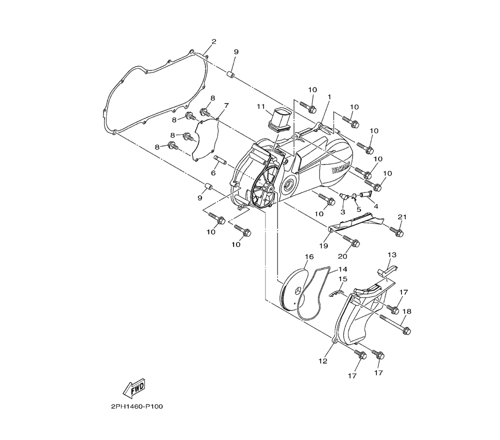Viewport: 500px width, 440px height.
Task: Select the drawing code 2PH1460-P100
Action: [x=137, y=406]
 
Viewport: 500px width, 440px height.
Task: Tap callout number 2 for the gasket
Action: [x=213, y=41]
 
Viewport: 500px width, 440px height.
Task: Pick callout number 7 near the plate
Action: [x=226, y=105]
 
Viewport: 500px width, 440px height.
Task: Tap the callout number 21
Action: [x=402, y=217]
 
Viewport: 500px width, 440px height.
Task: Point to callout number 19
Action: [x=323, y=246]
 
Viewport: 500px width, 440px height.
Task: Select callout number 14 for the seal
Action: [x=342, y=269]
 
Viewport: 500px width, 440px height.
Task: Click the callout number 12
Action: [x=322, y=361]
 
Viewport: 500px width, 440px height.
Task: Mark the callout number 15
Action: [x=343, y=278]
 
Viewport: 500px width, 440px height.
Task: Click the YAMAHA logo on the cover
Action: [x=341, y=167]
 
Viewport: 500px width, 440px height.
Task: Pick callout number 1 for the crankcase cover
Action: [x=329, y=96]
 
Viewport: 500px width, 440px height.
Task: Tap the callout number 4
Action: [x=376, y=206]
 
